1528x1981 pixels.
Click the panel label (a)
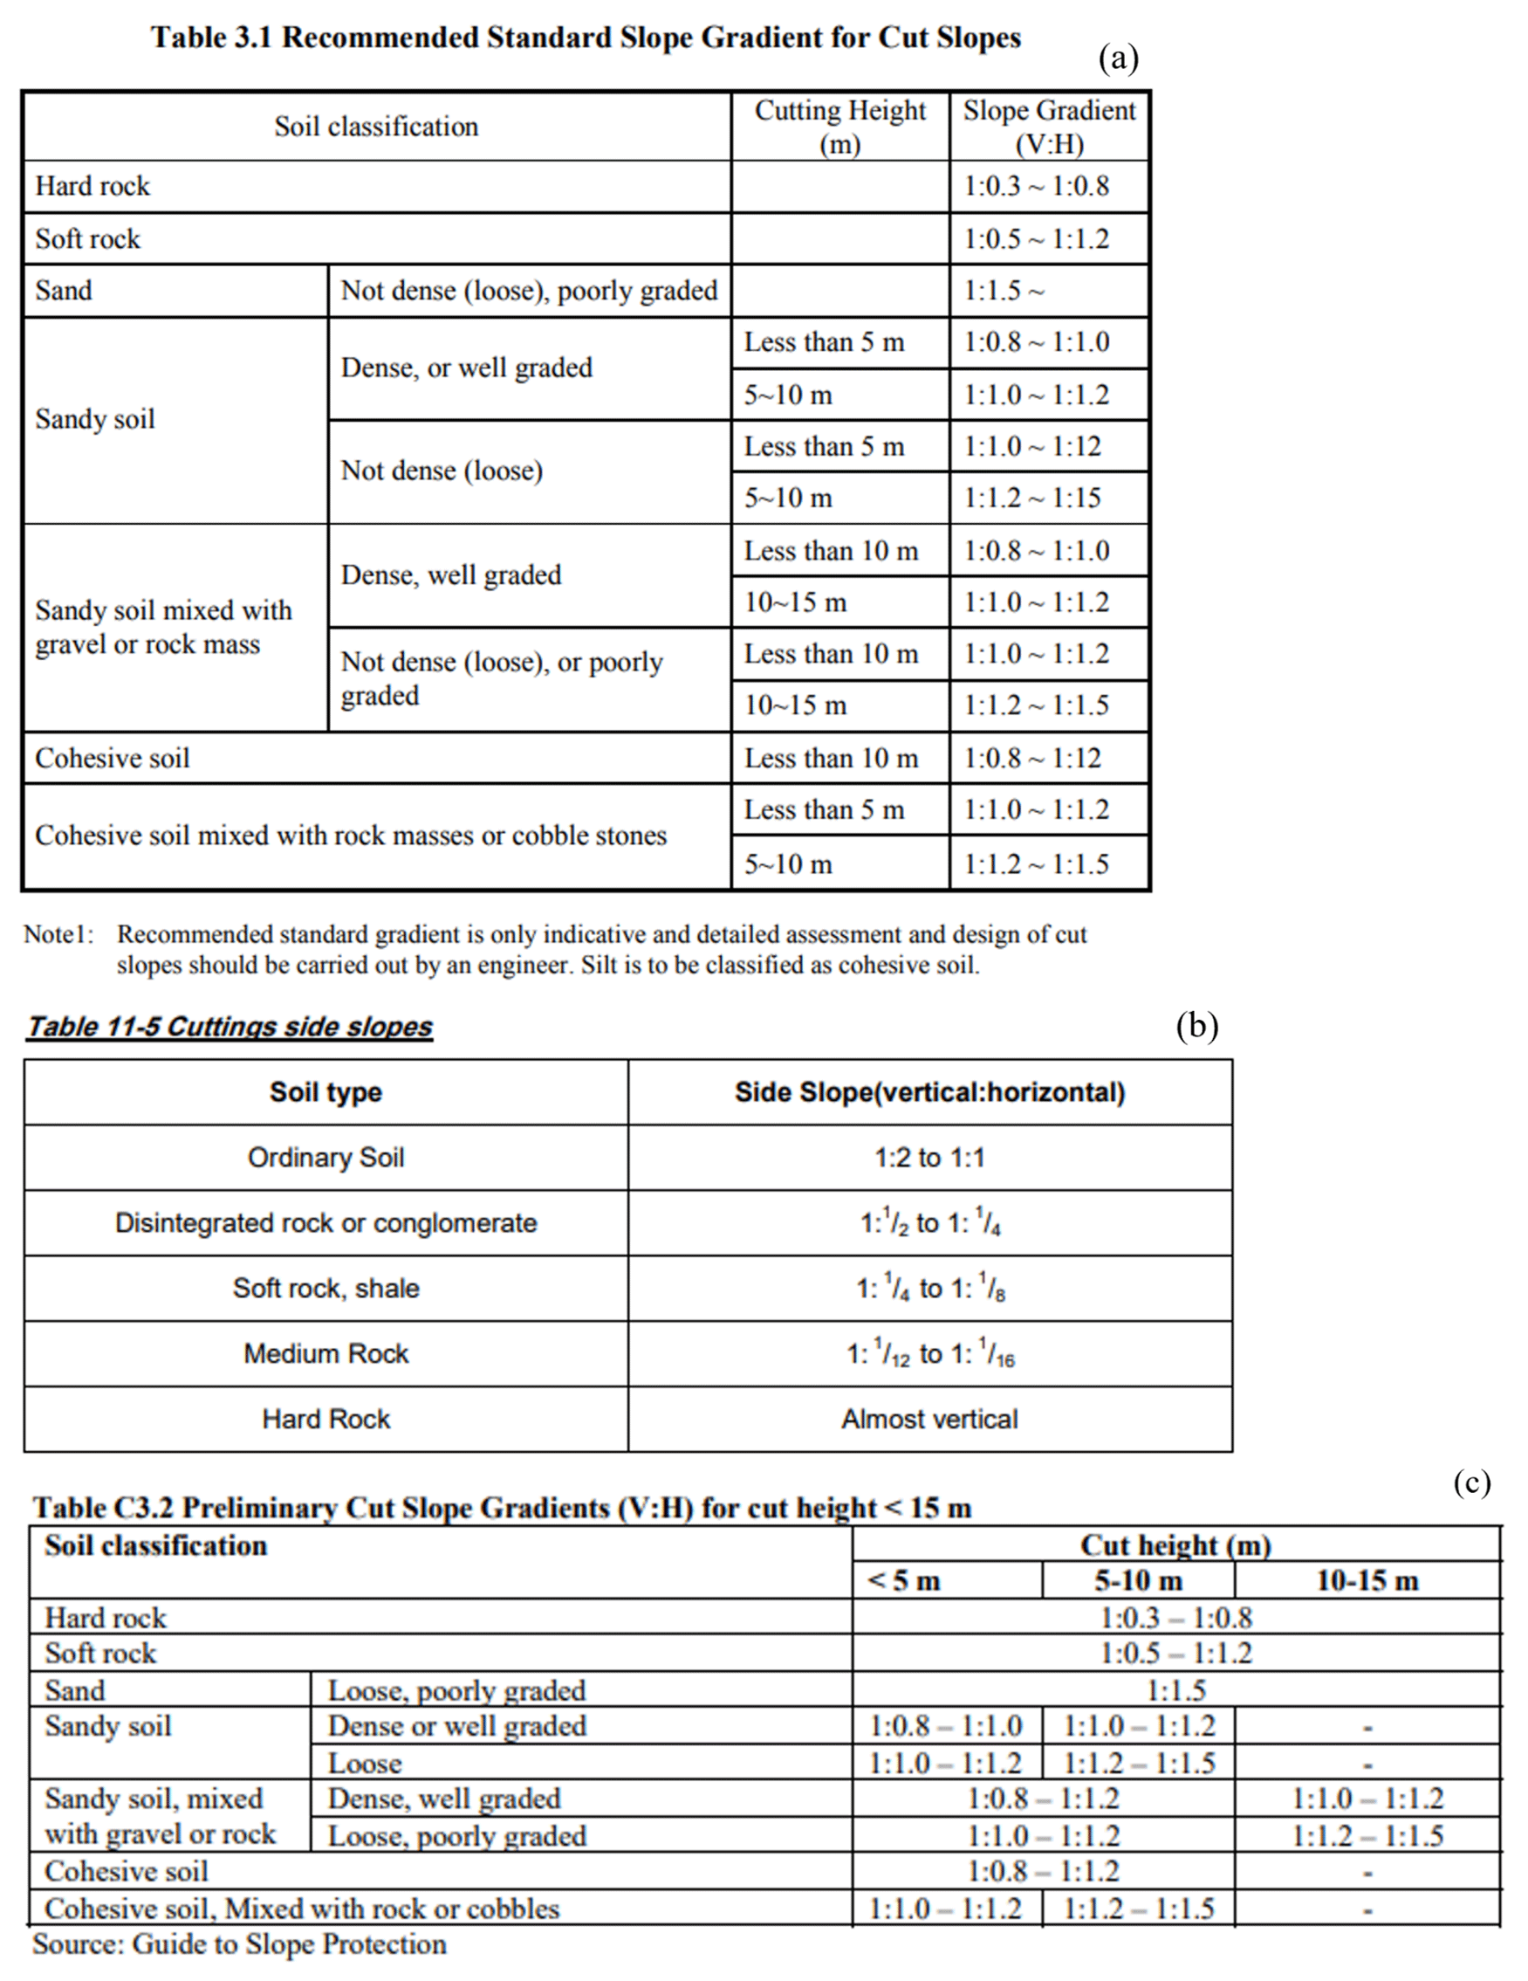click(x=1117, y=58)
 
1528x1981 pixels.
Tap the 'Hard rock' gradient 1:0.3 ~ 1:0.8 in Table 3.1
click(x=1036, y=187)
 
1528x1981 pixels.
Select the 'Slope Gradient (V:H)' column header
click(x=1048, y=127)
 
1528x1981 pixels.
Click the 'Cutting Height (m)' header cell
click(x=839, y=127)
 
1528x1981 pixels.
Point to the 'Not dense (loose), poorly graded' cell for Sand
click(x=529, y=291)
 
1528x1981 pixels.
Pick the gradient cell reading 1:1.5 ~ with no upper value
click(x=1004, y=291)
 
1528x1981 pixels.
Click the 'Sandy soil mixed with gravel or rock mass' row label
click(x=163, y=627)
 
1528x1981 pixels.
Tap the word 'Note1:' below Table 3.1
click(x=59, y=934)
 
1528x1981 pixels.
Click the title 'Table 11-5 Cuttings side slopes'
click(x=230, y=1027)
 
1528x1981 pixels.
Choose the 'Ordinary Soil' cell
click(x=325, y=1159)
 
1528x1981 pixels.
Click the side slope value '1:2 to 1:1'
click(x=929, y=1159)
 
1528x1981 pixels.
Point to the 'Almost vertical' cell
click(x=929, y=1420)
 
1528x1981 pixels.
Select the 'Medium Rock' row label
click(x=325, y=1354)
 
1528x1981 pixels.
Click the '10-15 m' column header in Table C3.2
click(x=1367, y=1581)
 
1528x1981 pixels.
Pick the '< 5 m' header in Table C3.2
click(x=904, y=1581)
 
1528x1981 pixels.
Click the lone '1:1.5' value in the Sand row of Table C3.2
click(x=1176, y=1691)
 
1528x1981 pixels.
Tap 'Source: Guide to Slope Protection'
click(x=239, y=1944)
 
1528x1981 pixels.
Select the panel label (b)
click(x=1197, y=1026)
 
